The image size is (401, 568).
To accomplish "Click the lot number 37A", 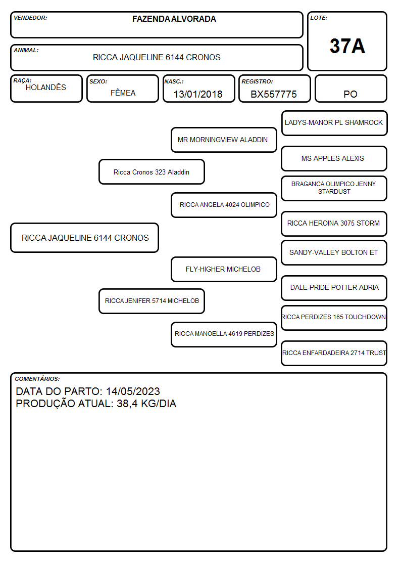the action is (x=347, y=46).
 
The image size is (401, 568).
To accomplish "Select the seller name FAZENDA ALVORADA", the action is (x=174, y=19).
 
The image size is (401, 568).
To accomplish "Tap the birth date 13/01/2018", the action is (x=198, y=94).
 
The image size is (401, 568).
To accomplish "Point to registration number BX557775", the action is (x=274, y=94).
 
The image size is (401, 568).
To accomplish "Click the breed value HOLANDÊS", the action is (x=46, y=87).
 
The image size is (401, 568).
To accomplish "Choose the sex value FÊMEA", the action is (x=123, y=93).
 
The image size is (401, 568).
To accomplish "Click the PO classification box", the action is (x=350, y=89).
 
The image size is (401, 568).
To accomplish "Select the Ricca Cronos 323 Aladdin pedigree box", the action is (x=152, y=171).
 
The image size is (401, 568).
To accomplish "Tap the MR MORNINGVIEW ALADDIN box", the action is (x=224, y=140).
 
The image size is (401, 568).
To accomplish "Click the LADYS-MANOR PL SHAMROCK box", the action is (x=334, y=123).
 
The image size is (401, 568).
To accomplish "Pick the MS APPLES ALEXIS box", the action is (x=334, y=158).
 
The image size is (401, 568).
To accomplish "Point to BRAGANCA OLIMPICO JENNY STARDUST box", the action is (x=334, y=188).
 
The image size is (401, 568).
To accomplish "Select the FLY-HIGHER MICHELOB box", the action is (x=224, y=269).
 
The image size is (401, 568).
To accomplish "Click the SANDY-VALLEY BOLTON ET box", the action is (x=334, y=252).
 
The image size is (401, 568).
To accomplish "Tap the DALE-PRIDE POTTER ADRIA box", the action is (x=334, y=288).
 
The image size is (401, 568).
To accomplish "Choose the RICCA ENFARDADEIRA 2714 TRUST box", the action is (x=334, y=353).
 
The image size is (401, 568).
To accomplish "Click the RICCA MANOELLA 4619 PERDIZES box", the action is (x=224, y=334).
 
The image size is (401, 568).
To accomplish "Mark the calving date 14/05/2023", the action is (x=133, y=391).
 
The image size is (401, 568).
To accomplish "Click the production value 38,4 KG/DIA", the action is (x=146, y=404).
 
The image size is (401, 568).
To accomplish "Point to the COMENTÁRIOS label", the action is (x=37, y=379).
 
